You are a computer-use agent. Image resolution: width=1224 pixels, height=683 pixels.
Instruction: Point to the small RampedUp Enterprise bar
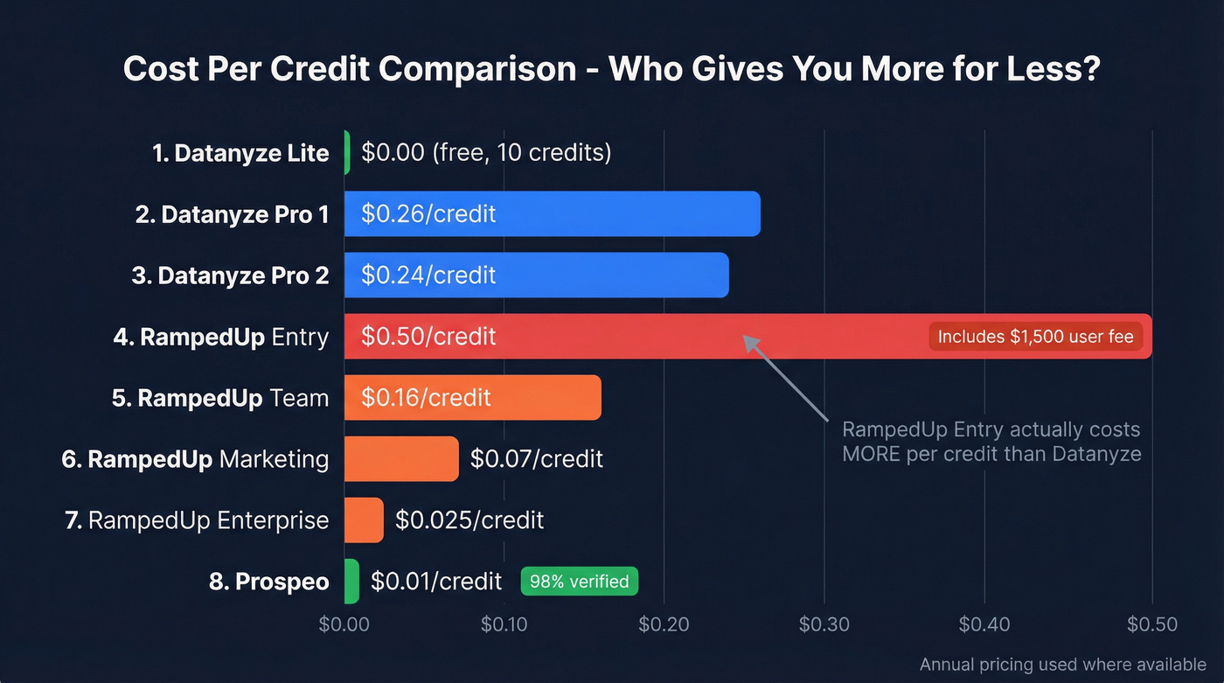pos(364,519)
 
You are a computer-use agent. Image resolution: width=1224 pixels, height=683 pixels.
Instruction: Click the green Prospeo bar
pos(351,581)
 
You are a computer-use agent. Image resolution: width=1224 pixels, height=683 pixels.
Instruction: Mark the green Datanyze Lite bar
pos(347,152)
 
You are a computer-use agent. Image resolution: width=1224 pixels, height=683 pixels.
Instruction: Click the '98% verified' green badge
pos(579,582)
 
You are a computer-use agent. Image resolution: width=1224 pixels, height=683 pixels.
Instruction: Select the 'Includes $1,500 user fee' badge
pos(1035,337)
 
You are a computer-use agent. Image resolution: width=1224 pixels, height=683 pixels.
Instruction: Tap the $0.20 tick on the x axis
pos(664,624)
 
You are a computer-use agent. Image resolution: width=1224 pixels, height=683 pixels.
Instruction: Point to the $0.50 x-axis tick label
pos(1152,624)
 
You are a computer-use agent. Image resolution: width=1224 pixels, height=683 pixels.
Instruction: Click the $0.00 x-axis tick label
pos(344,624)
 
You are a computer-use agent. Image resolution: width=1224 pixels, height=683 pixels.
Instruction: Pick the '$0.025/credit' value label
pos(469,520)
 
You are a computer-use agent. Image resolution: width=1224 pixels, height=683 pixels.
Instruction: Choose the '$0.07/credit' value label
pos(536,458)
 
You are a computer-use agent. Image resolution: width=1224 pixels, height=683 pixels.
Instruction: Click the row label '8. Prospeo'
pos(269,582)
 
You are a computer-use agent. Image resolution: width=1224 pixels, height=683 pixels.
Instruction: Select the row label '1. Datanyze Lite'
pos(240,153)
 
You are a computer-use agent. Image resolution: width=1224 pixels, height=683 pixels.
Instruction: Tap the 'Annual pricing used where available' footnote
pos(1062,665)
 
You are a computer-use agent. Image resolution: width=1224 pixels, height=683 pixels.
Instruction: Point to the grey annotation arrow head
pos(748,340)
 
